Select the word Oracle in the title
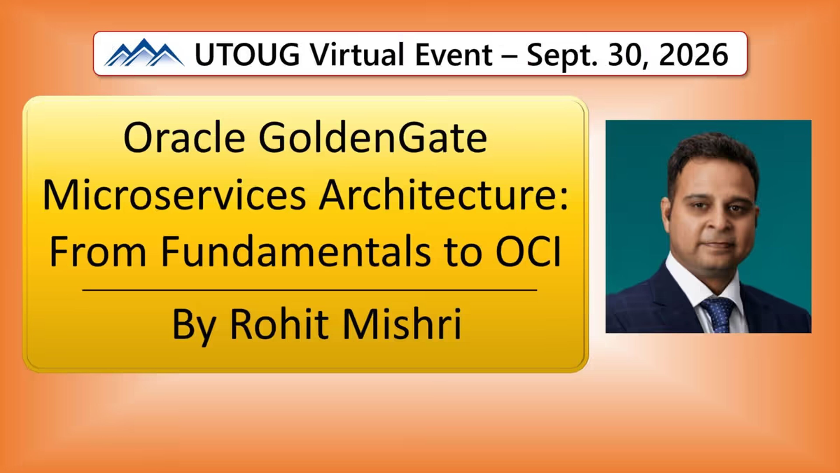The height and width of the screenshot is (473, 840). [x=184, y=137]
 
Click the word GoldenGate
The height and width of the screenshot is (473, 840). [x=373, y=137]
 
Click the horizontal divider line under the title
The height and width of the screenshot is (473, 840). [x=310, y=290]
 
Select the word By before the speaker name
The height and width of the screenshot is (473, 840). [x=194, y=327]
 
